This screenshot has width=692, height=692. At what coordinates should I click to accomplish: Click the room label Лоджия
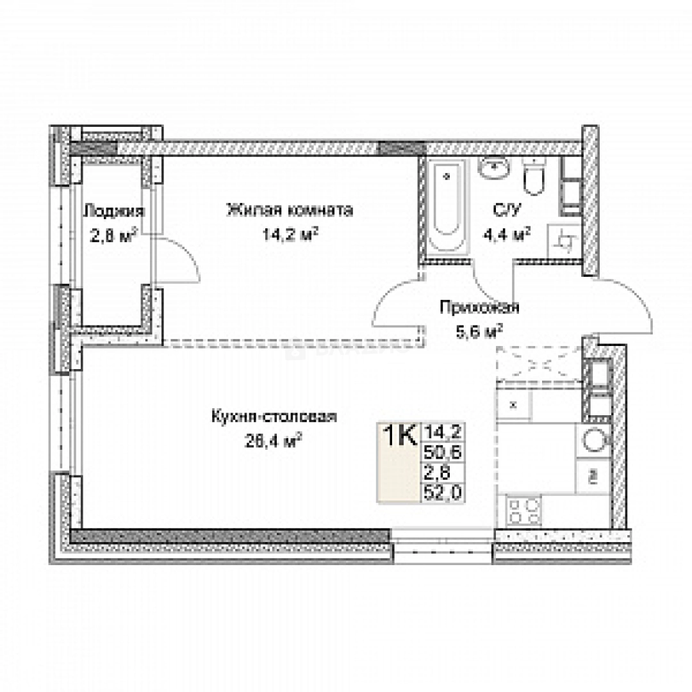click(x=114, y=211)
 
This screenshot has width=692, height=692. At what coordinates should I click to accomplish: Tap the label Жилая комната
click(x=290, y=210)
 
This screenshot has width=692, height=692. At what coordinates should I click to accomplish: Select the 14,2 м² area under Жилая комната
click(x=290, y=234)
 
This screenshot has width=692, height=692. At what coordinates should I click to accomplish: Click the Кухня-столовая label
click(x=274, y=417)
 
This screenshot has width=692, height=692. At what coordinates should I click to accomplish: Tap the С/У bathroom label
click(x=502, y=210)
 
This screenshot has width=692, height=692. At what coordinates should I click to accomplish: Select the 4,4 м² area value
click(x=509, y=234)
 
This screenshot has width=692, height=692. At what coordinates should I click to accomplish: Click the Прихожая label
click(x=479, y=308)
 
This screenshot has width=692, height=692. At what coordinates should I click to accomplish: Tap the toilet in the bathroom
click(x=533, y=177)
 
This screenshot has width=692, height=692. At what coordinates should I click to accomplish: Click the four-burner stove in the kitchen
click(x=523, y=511)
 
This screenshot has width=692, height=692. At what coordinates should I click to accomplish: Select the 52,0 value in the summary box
click(x=442, y=492)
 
